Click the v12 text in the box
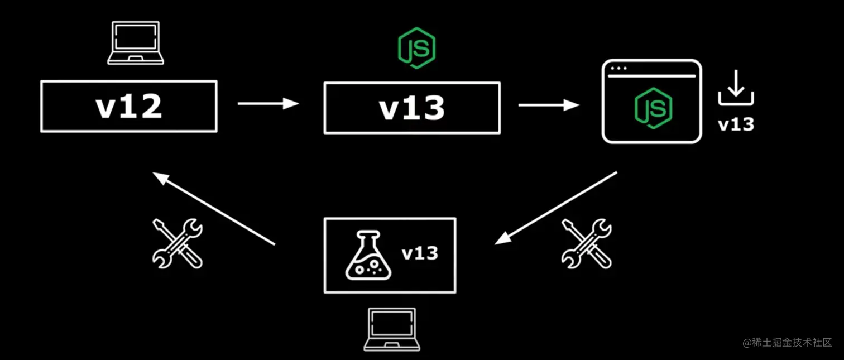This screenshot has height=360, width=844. [x=129, y=107]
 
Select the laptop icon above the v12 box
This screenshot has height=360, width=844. [x=135, y=43]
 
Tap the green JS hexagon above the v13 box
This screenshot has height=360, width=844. [x=416, y=49]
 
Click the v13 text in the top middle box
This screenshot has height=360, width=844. [x=412, y=108]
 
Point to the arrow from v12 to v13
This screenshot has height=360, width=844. [x=268, y=103]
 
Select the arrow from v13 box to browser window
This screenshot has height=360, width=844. [x=549, y=104]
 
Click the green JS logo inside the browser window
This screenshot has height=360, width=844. [x=653, y=108]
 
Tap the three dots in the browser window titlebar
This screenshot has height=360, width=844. [x=618, y=69]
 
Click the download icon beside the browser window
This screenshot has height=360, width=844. [x=736, y=88]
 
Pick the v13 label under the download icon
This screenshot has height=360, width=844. [x=736, y=124]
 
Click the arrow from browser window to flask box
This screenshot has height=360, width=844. [x=556, y=208]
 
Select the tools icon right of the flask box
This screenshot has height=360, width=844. [x=586, y=243]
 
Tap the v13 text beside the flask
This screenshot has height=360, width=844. [x=420, y=253]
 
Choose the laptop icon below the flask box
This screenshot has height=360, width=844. [x=391, y=329]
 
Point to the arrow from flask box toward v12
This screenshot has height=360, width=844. [x=214, y=209]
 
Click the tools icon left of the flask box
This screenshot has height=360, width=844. [x=178, y=243]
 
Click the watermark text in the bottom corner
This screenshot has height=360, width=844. [x=787, y=342]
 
